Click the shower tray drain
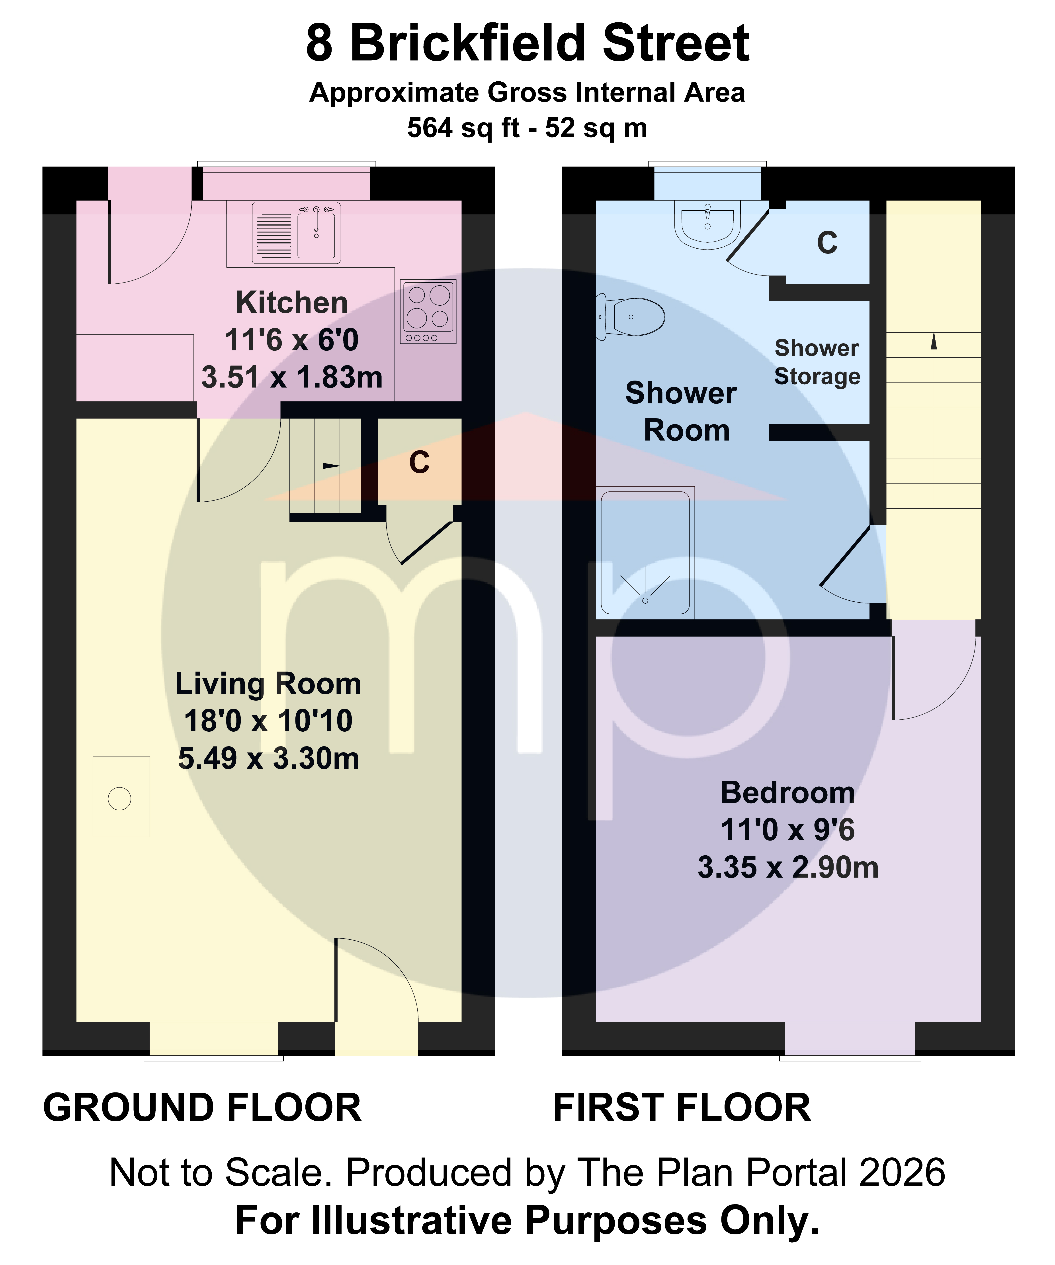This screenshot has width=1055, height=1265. click(x=645, y=600)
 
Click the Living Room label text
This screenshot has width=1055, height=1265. click(x=268, y=684)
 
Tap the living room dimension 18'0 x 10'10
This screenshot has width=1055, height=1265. click(x=268, y=721)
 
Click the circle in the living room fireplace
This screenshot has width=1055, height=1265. click(x=119, y=799)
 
